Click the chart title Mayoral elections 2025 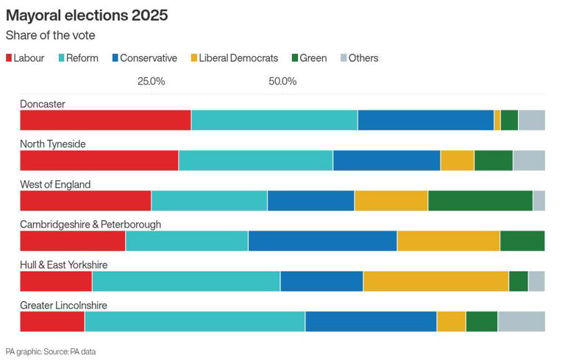pyautogui.click(x=87, y=15)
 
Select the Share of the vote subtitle pyautogui.click(x=50, y=35)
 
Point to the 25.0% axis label pyautogui.click(x=152, y=81)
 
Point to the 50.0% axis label pyautogui.click(x=282, y=81)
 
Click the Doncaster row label pyautogui.click(x=43, y=104)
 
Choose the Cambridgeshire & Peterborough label pyautogui.click(x=90, y=225)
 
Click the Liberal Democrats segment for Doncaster pyautogui.click(x=497, y=120)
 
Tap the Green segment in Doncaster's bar pyautogui.click(x=509, y=120)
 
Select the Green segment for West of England pyautogui.click(x=480, y=200)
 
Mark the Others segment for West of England pyautogui.click(x=539, y=200)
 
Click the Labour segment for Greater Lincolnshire pyautogui.click(x=51, y=322)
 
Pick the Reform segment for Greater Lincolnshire pyautogui.click(x=194, y=322)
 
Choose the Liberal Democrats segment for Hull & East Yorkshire pyautogui.click(x=436, y=281)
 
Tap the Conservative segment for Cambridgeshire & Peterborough pyautogui.click(x=322, y=241)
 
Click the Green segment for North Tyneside pyautogui.click(x=493, y=160)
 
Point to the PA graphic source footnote pyautogui.click(x=51, y=351)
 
